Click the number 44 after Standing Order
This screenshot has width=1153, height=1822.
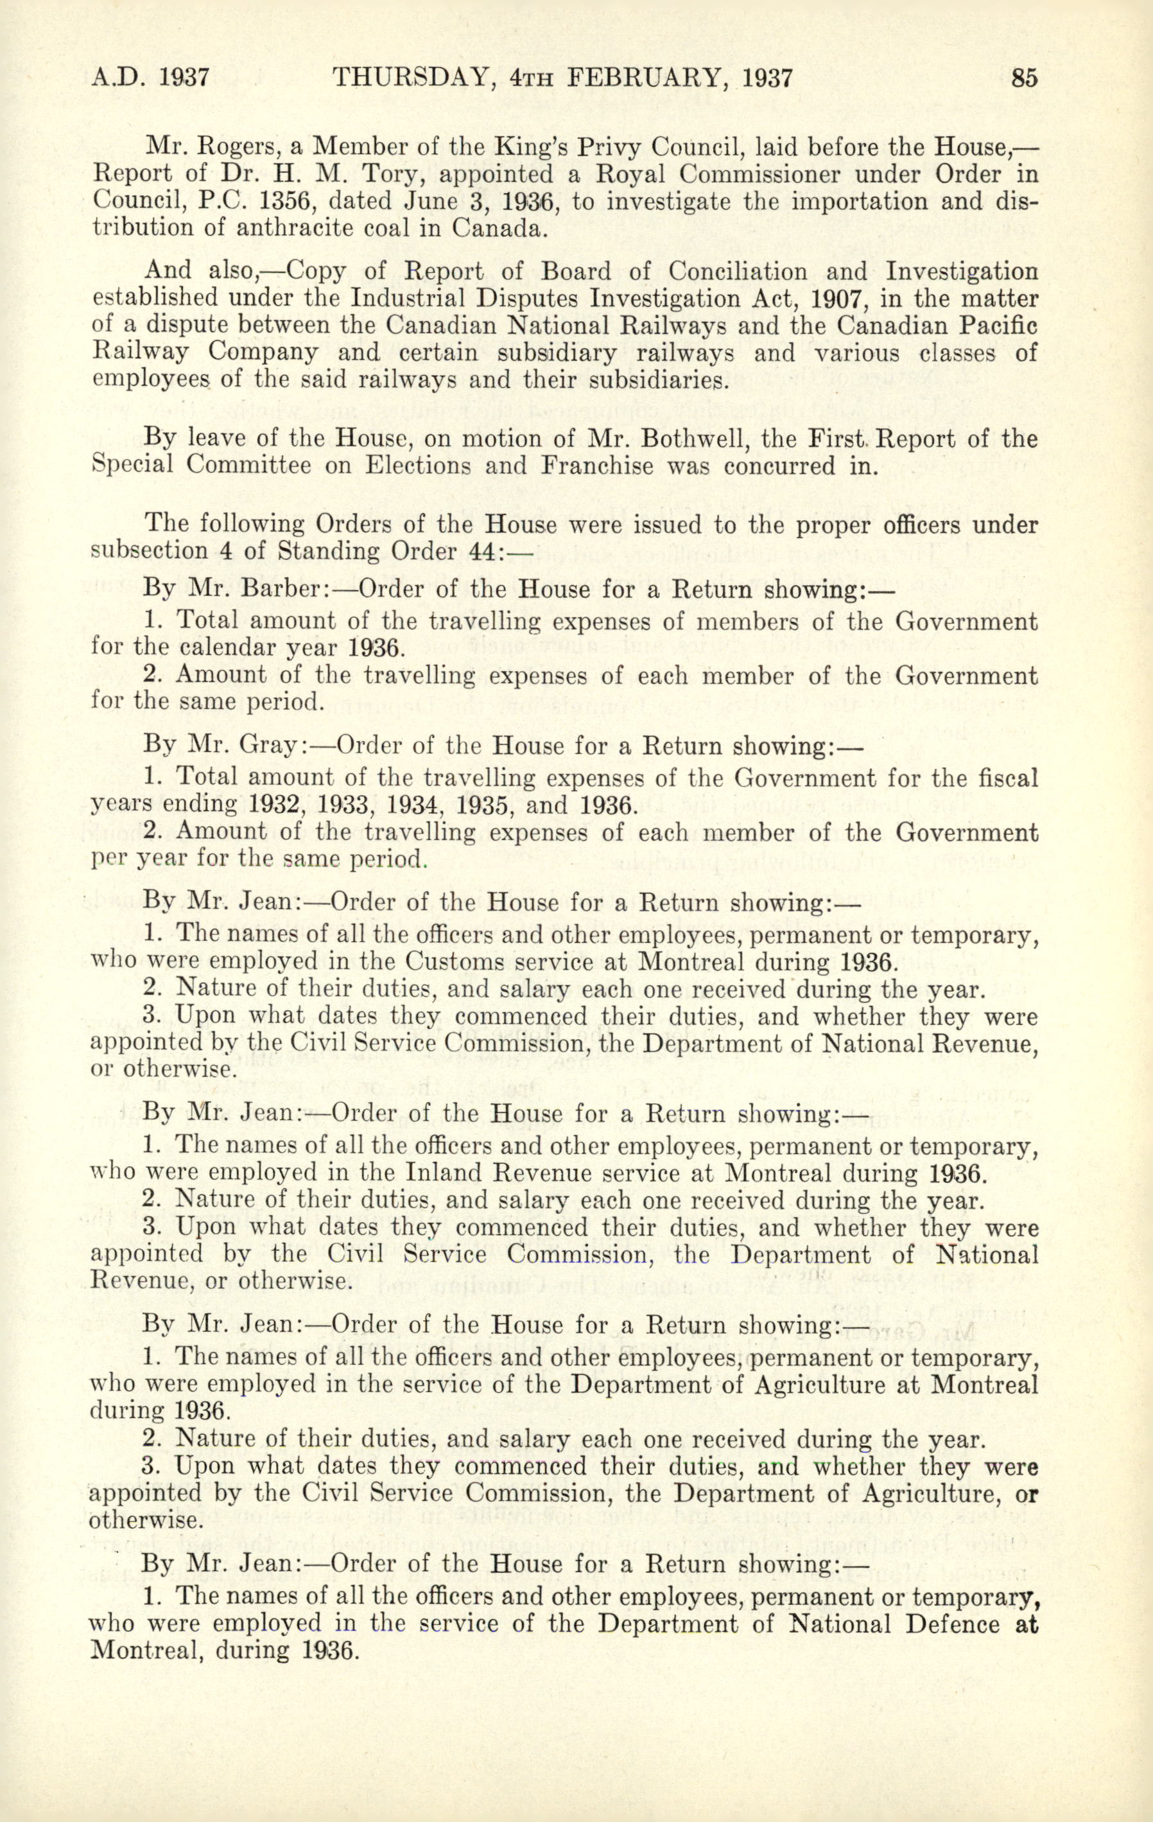pyautogui.click(x=484, y=551)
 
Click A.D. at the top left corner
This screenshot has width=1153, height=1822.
pyautogui.click(x=119, y=79)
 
